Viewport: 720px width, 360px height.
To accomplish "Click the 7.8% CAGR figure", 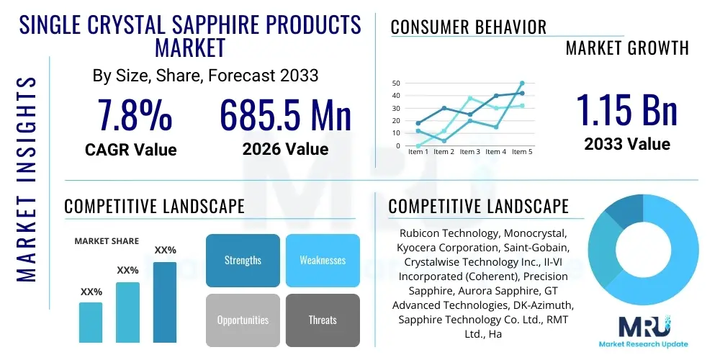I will click(135, 115).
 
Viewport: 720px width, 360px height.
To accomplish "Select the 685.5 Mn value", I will click(285, 115).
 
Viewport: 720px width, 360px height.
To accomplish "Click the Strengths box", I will click(243, 260).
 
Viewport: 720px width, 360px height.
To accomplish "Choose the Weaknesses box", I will click(323, 260).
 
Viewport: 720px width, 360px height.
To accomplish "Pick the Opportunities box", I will click(243, 320).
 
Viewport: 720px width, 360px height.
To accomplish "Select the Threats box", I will click(323, 320).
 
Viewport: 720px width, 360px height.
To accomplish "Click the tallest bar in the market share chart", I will click(165, 302).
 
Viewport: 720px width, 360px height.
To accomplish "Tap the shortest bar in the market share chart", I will click(91, 322).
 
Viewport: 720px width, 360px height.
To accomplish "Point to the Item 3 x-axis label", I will click(469, 152).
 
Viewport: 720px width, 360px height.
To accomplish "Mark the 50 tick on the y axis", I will click(396, 84).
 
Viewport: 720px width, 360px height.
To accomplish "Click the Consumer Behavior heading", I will click(469, 27).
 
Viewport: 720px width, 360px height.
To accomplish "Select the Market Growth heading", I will click(627, 48).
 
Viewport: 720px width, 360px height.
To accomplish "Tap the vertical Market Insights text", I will click(26, 177).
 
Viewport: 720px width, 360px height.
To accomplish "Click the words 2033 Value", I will click(627, 144).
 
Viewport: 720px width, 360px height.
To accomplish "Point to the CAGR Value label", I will click(130, 150).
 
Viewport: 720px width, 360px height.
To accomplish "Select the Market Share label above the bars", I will click(107, 241).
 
